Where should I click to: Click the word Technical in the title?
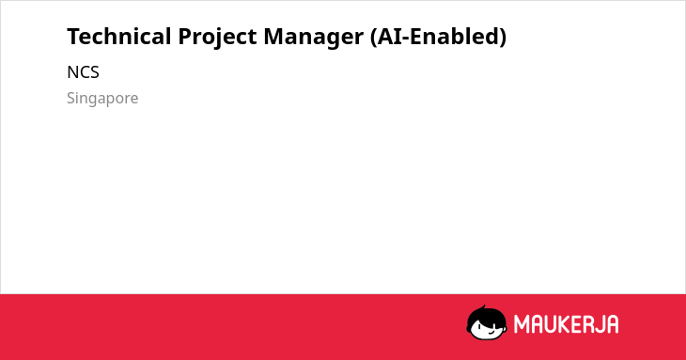pyautogui.click(x=119, y=37)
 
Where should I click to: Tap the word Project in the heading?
pyautogui.click(x=217, y=38)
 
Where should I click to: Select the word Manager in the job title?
pyautogui.click(x=313, y=38)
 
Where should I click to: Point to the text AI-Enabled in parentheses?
pyautogui.click(x=438, y=37)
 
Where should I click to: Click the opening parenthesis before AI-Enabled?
pyautogui.click(x=373, y=38)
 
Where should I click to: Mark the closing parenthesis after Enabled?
pyautogui.click(x=503, y=38)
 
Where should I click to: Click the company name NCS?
pyautogui.click(x=83, y=72)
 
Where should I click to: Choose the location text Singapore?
pyautogui.click(x=102, y=99)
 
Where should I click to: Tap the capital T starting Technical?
pyautogui.click(x=73, y=37)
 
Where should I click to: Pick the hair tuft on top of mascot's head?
pyautogui.click(x=483, y=308)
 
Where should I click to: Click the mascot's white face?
pyautogui.click(x=488, y=329)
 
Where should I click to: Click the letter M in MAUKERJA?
pyautogui.click(x=522, y=324)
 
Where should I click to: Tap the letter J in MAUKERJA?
pyautogui.click(x=600, y=324)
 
